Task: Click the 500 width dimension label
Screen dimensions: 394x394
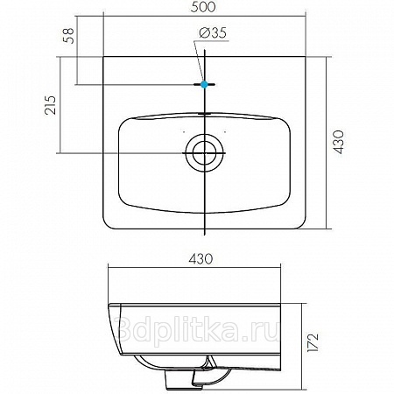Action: pyautogui.click(x=203, y=7)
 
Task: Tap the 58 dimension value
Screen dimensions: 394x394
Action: pyautogui.click(x=69, y=36)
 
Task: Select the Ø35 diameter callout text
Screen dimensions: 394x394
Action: pyautogui.click(x=213, y=33)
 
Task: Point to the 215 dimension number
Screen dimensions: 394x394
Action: pyautogui.click(x=50, y=105)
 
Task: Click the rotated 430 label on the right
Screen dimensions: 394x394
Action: pyautogui.click(x=339, y=142)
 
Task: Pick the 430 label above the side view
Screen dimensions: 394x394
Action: pyautogui.click(x=201, y=259)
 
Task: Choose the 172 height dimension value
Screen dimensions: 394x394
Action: pyautogui.click(x=313, y=342)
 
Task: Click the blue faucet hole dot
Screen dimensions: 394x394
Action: pyautogui.click(x=204, y=84)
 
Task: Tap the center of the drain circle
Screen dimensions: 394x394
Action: pyautogui.click(x=205, y=152)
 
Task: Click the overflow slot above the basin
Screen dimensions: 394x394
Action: pyautogui.click(x=204, y=113)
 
